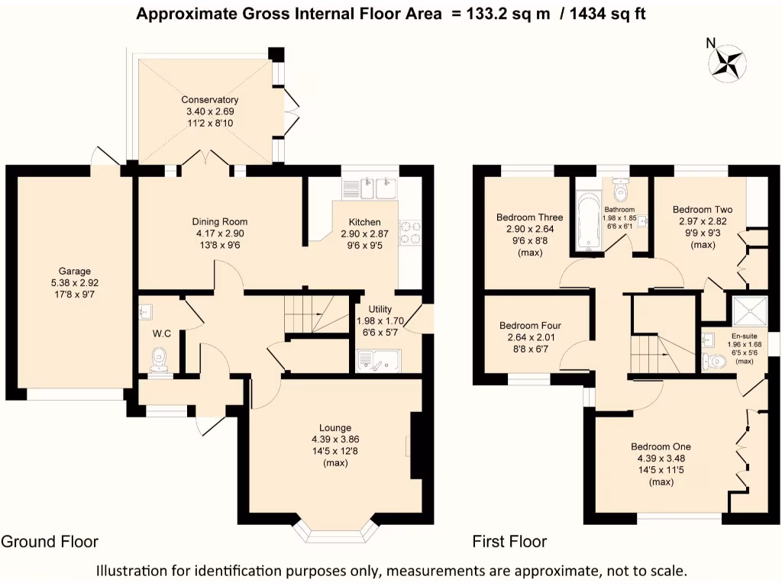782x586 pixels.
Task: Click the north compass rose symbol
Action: pos(727,63)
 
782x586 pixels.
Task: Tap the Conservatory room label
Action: pos(210,100)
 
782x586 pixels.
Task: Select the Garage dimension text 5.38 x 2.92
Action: pos(75,282)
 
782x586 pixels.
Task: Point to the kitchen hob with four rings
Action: pos(410,233)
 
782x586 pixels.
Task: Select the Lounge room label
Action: pos(335,427)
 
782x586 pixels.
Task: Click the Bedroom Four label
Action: pos(531,325)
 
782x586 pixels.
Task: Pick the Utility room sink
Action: pos(379,361)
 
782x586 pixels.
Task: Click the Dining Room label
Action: pos(220,222)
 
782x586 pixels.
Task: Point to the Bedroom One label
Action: pos(661,446)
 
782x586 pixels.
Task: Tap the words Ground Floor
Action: pos(50,541)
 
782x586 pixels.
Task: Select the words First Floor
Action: pos(509,541)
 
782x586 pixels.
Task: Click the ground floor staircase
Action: pos(316,314)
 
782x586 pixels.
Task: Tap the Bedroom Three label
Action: pos(530,217)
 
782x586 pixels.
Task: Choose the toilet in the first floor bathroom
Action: pos(620,188)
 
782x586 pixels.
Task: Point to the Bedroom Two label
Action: pos(703,209)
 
